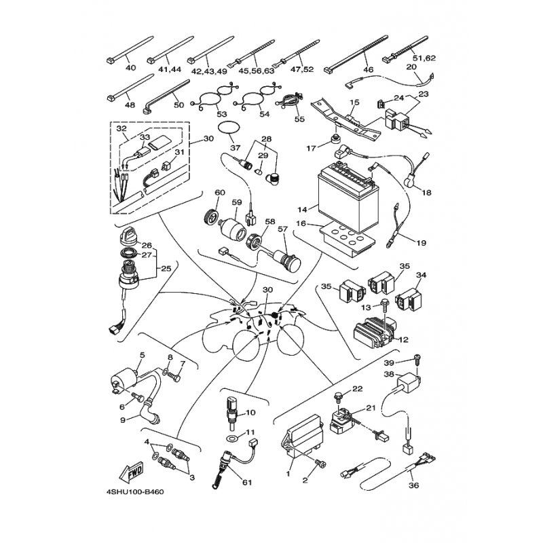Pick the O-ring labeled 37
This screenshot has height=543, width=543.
point(233,128)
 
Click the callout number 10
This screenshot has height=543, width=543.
point(250,412)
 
